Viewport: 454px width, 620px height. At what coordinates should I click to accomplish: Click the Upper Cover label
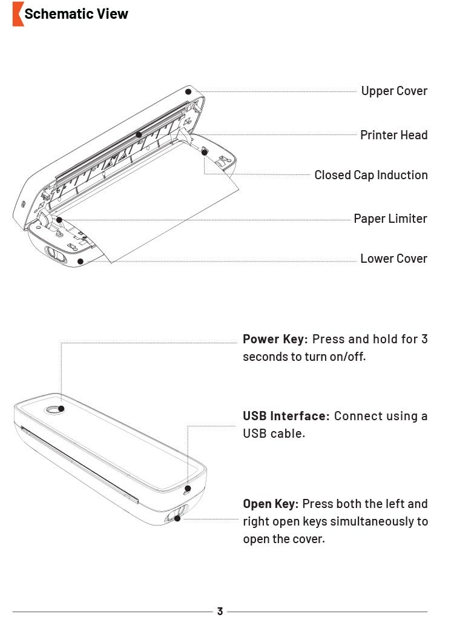pos(394,91)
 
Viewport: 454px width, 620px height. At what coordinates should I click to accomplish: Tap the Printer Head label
pos(393,135)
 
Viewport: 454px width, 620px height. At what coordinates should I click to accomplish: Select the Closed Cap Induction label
pos(370,175)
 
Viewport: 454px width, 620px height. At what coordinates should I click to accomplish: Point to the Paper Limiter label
pos(390,219)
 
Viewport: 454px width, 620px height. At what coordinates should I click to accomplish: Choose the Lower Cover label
pos(393,259)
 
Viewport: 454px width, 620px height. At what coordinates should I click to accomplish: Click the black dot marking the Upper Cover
pos(188,92)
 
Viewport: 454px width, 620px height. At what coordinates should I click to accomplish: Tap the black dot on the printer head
pos(139,134)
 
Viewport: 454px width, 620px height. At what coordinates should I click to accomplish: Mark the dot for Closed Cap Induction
pos(205,152)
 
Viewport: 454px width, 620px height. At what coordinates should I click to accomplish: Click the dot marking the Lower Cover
pos(80,262)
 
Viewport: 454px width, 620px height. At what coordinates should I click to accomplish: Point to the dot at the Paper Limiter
pos(59,219)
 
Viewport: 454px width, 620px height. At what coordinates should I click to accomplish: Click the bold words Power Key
pos(275,339)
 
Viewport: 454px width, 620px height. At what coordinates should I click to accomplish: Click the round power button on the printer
pos(54,410)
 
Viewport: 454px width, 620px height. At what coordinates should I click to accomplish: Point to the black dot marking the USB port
pos(188,488)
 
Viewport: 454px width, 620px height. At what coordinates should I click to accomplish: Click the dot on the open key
pos(177,518)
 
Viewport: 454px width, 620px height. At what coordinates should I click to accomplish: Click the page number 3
pos(220,612)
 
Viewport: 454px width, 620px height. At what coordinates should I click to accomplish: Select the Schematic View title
pos(76,14)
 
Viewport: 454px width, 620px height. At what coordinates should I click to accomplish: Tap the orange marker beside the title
pos(18,14)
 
